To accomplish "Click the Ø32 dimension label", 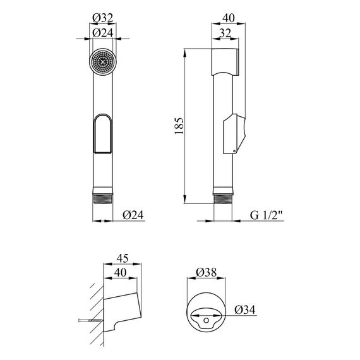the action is (102, 18).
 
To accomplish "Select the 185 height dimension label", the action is (179, 126).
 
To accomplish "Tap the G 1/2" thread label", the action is (266, 215).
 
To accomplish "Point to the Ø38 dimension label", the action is (206, 272).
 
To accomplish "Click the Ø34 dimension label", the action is (245, 309).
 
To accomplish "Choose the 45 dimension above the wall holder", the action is (122, 258).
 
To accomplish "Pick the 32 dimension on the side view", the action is (225, 33).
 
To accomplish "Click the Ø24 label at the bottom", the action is (133, 215).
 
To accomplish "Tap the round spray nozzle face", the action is (102, 62).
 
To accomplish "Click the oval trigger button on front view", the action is (102, 134).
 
